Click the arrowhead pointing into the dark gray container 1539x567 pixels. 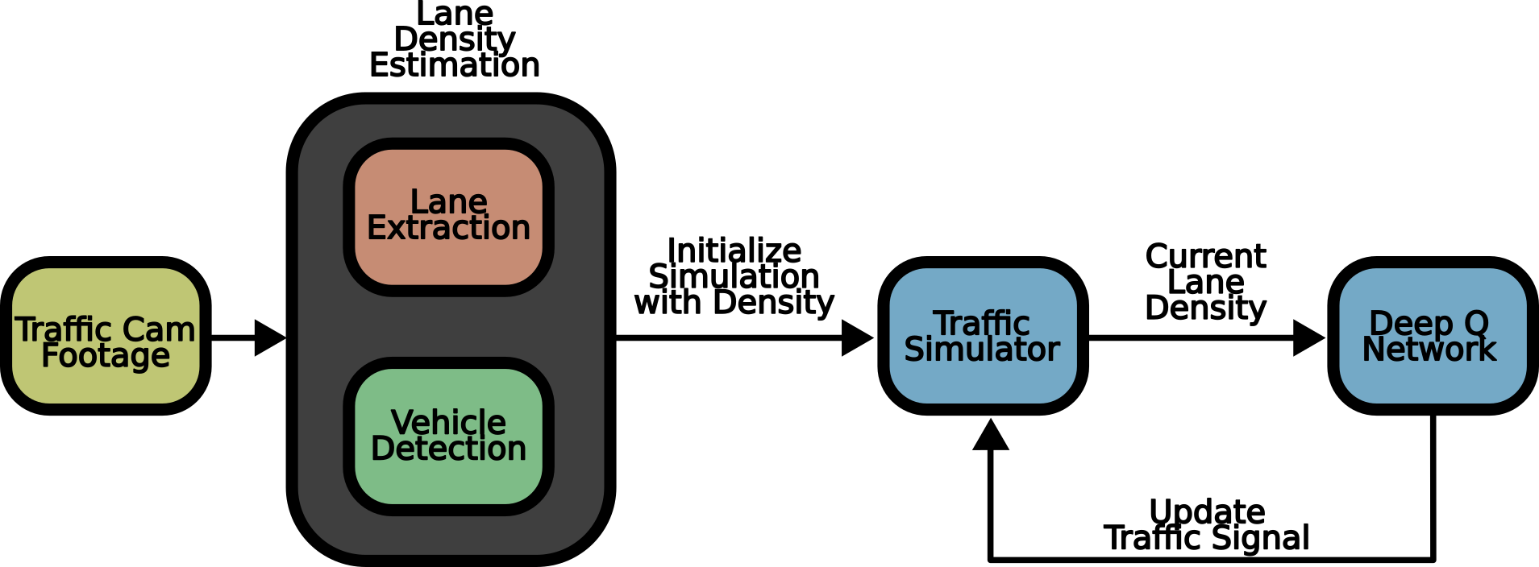pos(270,337)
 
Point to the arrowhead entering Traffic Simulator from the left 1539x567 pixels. pos(857,337)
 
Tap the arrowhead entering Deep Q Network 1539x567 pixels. pos(1308,337)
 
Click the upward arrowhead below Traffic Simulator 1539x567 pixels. pos(991,435)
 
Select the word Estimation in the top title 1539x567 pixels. pos(455,66)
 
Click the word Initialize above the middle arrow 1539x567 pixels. pos(734,250)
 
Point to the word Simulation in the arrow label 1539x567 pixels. pos(734,276)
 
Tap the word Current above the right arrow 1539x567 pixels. pos(1205,256)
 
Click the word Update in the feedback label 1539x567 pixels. pos(1206,511)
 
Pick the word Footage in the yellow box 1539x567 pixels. pos(106,355)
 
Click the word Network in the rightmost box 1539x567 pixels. pos(1429,350)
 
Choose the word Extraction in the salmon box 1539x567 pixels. pos(448,228)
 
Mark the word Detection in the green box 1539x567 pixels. pos(448,449)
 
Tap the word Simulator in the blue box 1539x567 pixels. pos(982,350)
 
